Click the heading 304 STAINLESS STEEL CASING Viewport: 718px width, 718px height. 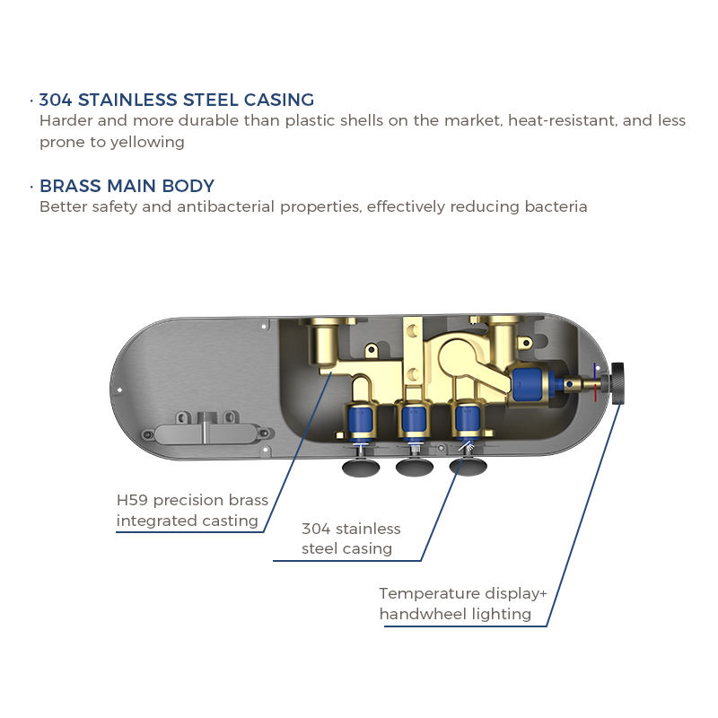(176, 100)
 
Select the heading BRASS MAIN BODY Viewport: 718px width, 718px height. (127, 187)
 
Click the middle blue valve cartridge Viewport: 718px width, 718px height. (413, 420)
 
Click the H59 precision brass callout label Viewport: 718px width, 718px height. (192, 511)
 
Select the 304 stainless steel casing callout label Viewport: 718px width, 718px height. (350, 538)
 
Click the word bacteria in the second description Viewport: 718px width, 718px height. (556, 206)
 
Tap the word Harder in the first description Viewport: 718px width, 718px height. (65, 120)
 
